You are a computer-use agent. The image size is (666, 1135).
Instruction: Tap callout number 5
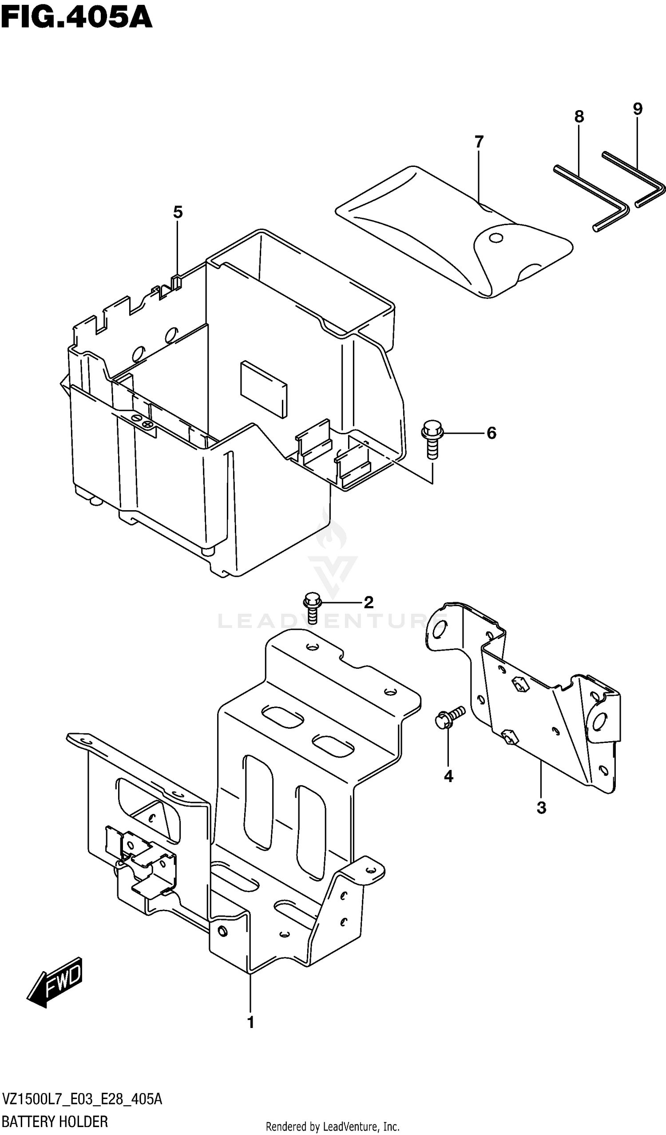click(x=178, y=212)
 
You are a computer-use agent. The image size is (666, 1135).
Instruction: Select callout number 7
click(x=479, y=142)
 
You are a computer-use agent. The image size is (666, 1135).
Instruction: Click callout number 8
click(x=579, y=117)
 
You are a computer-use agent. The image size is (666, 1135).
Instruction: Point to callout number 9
click(x=637, y=108)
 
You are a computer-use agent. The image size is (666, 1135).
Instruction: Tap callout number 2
click(x=369, y=602)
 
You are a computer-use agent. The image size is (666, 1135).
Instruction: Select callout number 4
click(x=448, y=776)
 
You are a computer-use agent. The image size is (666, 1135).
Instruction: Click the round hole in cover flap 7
click(x=496, y=238)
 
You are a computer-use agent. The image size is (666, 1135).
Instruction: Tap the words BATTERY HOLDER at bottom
click(x=55, y=1122)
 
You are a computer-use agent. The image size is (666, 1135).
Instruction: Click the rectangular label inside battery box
click(x=263, y=388)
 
